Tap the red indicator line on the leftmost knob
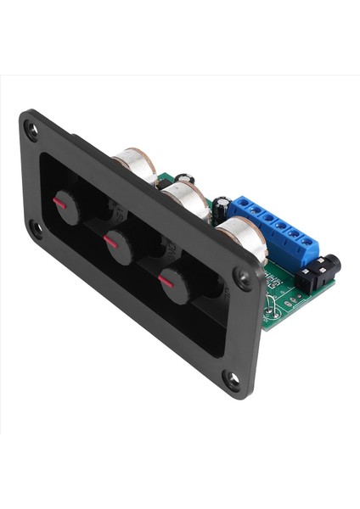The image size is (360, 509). coord(59,203)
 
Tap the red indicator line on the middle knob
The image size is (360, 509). coord(110,242)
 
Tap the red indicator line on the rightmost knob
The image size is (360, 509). coord(166,280)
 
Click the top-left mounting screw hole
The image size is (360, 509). coord(31,130)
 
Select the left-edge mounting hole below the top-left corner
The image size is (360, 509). coord(36,227)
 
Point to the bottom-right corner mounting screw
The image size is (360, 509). coord(232,380)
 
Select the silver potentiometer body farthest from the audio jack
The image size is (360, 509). coord(136,165)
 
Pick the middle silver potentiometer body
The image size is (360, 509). coord(187,200)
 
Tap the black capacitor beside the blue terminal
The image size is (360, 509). coord(222,208)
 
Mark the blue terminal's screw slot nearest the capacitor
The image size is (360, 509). coord(240,206)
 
